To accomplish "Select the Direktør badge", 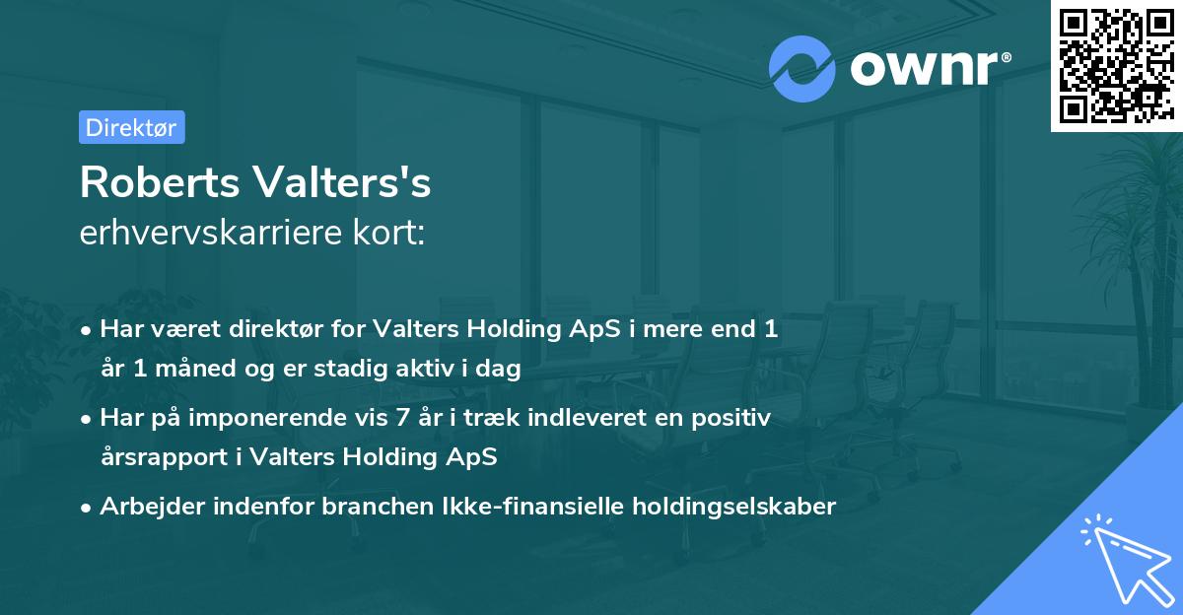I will (x=131, y=127).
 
